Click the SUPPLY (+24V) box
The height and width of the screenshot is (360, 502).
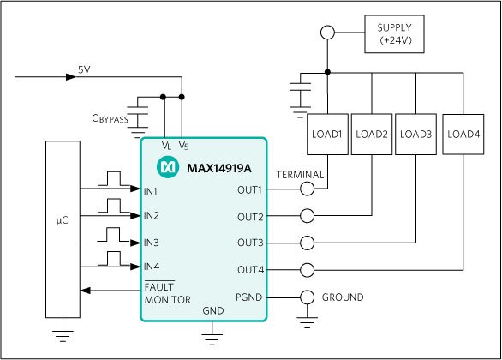[394, 34]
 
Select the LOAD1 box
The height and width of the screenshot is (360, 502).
[327, 135]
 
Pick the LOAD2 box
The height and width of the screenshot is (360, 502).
[372, 135]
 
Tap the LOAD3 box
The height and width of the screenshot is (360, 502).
[415, 135]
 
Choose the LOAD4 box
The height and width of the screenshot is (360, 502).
[463, 135]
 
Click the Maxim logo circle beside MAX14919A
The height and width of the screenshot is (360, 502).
[168, 167]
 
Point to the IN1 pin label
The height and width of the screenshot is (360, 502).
[151, 191]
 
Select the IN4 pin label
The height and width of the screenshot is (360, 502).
[152, 267]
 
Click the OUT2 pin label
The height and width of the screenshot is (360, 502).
[250, 217]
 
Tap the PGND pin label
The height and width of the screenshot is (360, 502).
[248, 297]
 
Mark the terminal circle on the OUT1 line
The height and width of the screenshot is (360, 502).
[308, 189]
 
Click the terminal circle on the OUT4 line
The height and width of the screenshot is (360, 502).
[308, 270]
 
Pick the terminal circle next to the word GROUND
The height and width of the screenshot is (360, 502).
[308, 297]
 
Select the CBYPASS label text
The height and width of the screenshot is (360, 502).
[110, 118]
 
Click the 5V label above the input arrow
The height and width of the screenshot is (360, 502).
[84, 69]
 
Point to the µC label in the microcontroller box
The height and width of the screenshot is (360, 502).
[63, 220]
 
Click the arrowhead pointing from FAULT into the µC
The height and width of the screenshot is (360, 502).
[86, 291]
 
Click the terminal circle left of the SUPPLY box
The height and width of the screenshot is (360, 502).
[327, 33]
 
